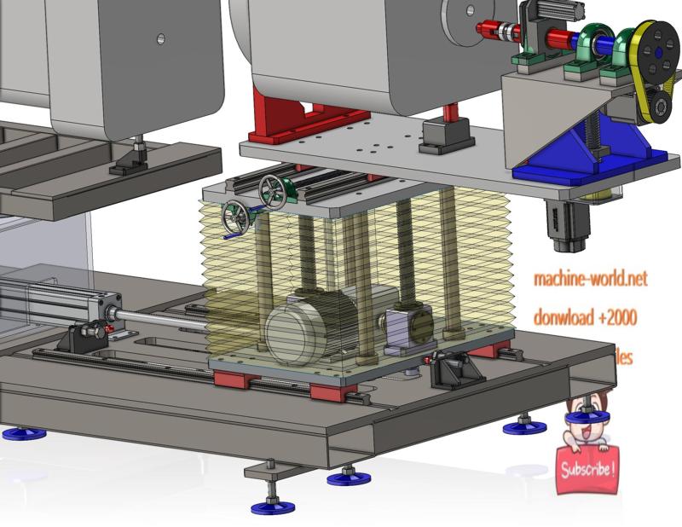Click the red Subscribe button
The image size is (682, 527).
tap(587, 468)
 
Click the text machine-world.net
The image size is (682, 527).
tap(590, 278)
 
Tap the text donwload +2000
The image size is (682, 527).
tap(585, 317)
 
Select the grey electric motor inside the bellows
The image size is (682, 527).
tap(307, 325)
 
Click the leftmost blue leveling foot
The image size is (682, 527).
tap(24, 433)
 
